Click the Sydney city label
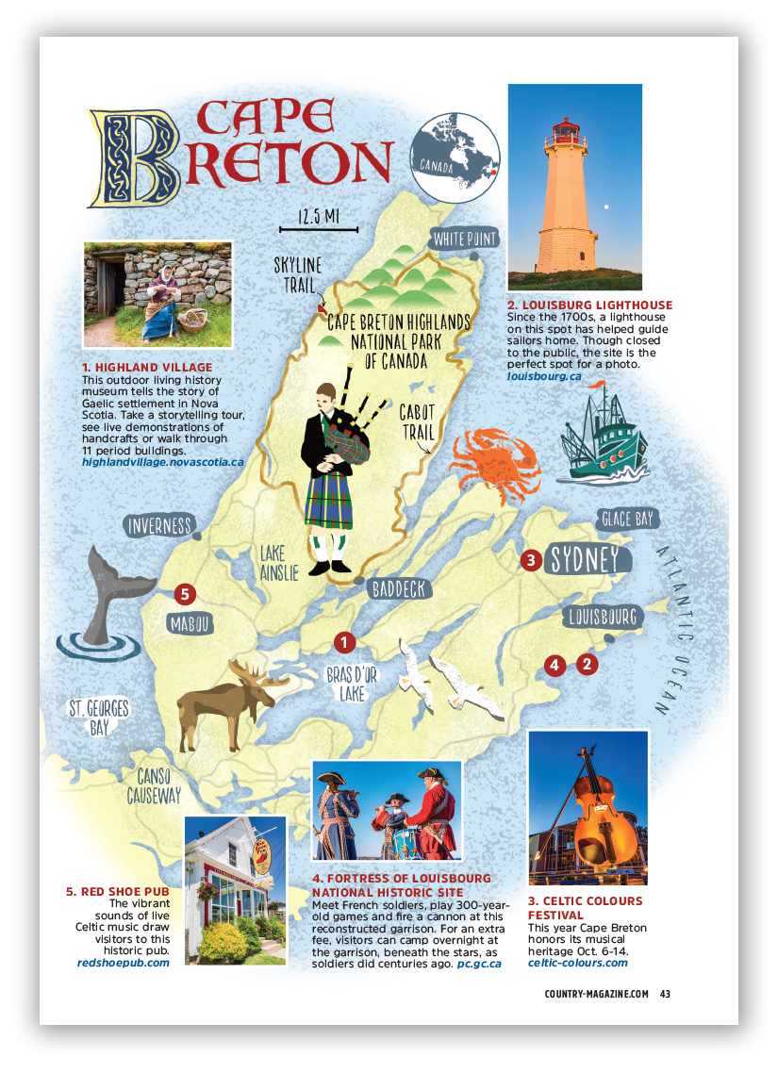(584, 559)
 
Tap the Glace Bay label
(628, 518)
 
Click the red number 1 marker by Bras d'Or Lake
(344, 642)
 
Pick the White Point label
(465, 239)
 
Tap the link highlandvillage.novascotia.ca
(163, 462)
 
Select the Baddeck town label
(400, 589)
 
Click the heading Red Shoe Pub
(116, 891)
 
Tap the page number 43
(665, 993)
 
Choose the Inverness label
(158, 526)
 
